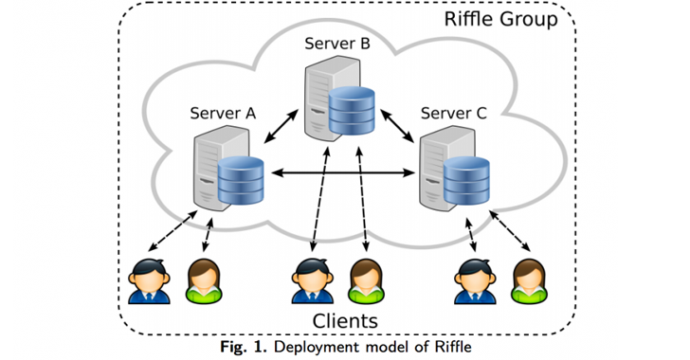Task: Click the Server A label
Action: click(x=223, y=113)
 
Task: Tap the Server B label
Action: click(x=337, y=44)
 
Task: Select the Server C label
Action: click(x=454, y=113)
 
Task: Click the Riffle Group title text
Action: click(x=500, y=19)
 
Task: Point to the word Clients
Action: click(x=345, y=321)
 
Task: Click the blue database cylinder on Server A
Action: click(x=241, y=180)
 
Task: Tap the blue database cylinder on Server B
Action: click(x=352, y=111)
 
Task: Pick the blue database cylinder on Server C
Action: click(x=466, y=180)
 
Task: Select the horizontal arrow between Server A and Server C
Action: click(x=343, y=173)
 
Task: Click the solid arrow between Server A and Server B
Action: click(x=281, y=126)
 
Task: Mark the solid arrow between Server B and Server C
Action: click(x=397, y=126)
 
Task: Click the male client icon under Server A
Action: click(x=149, y=281)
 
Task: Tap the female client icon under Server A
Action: click(x=204, y=281)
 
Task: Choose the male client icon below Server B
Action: click(x=313, y=281)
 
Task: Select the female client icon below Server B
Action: click(x=366, y=281)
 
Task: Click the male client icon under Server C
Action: click(x=475, y=281)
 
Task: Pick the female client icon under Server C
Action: click(x=530, y=281)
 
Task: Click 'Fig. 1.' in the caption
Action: click(x=244, y=347)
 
